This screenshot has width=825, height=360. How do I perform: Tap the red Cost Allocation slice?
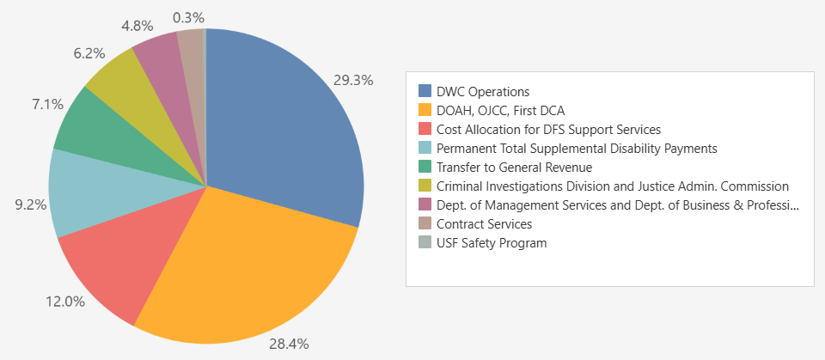coord(120,266)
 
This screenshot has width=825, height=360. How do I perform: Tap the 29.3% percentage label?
coord(353,81)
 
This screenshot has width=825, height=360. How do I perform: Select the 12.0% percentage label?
coord(65,302)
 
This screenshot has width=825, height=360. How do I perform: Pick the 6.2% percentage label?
coord(89,52)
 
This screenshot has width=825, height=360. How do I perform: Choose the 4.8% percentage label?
coord(137,25)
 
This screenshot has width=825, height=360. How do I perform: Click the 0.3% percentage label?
coord(188,16)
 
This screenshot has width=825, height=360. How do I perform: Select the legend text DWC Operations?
coord(483,91)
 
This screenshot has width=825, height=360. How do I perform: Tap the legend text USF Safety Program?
coord(492,243)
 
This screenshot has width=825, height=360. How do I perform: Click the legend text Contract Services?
coord(484,224)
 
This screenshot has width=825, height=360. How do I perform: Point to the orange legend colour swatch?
coord(425,110)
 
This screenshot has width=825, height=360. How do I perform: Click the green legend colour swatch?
coord(425,167)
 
